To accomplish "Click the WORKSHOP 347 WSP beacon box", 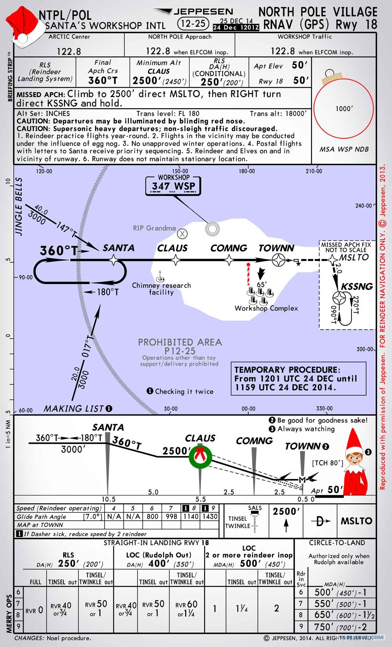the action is [173, 186].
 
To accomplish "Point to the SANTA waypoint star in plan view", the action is [113, 260].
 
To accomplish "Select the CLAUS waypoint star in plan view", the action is [176, 260].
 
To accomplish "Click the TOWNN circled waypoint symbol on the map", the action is [279, 260].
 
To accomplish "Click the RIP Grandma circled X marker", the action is [182, 234].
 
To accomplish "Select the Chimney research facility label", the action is [161, 288].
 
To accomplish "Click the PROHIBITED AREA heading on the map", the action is [180, 342].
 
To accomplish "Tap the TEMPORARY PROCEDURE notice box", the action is [298, 379].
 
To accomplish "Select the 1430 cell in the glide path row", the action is [210, 516].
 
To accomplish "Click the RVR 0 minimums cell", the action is [35, 609].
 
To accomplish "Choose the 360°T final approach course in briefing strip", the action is [103, 80].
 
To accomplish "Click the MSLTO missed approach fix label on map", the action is [353, 257].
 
